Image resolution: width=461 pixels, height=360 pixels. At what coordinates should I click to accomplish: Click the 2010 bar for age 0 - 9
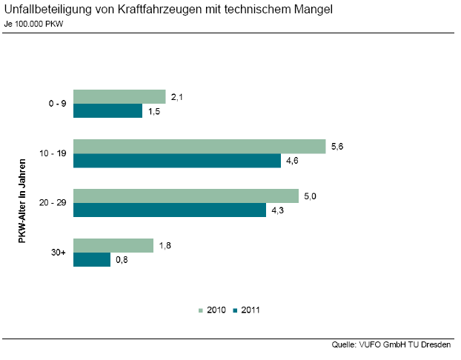(119, 96)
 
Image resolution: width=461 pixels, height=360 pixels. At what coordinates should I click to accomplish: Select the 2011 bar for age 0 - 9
(108, 111)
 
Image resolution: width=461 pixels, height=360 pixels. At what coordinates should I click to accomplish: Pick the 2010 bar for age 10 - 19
(199, 146)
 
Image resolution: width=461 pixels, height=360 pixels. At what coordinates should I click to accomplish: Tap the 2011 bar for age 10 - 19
(177, 161)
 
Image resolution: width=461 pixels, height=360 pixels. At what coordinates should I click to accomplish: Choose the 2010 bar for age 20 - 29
(186, 196)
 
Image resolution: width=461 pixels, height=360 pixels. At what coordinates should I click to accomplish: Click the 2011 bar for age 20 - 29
(170, 210)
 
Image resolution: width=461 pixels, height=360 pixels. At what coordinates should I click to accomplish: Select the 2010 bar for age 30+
(113, 245)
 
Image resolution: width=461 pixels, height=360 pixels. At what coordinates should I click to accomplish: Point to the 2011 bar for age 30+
(92, 260)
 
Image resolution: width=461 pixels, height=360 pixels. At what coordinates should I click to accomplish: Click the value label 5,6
(336, 146)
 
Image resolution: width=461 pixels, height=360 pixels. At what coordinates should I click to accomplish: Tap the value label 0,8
(122, 260)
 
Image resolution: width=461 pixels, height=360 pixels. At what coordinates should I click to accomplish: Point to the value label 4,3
(277, 210)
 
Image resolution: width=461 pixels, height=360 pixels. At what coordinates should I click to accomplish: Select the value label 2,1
(176, 96)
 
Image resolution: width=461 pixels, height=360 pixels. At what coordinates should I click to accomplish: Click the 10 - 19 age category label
(53, 153)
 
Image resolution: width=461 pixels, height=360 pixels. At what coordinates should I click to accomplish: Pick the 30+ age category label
(59, 253)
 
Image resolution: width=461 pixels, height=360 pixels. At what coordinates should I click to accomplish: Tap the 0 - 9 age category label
(56, 104)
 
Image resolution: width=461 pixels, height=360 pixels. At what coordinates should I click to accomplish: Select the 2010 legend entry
(213, 310)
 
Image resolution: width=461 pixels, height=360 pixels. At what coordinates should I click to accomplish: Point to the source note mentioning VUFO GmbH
(393, 344)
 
